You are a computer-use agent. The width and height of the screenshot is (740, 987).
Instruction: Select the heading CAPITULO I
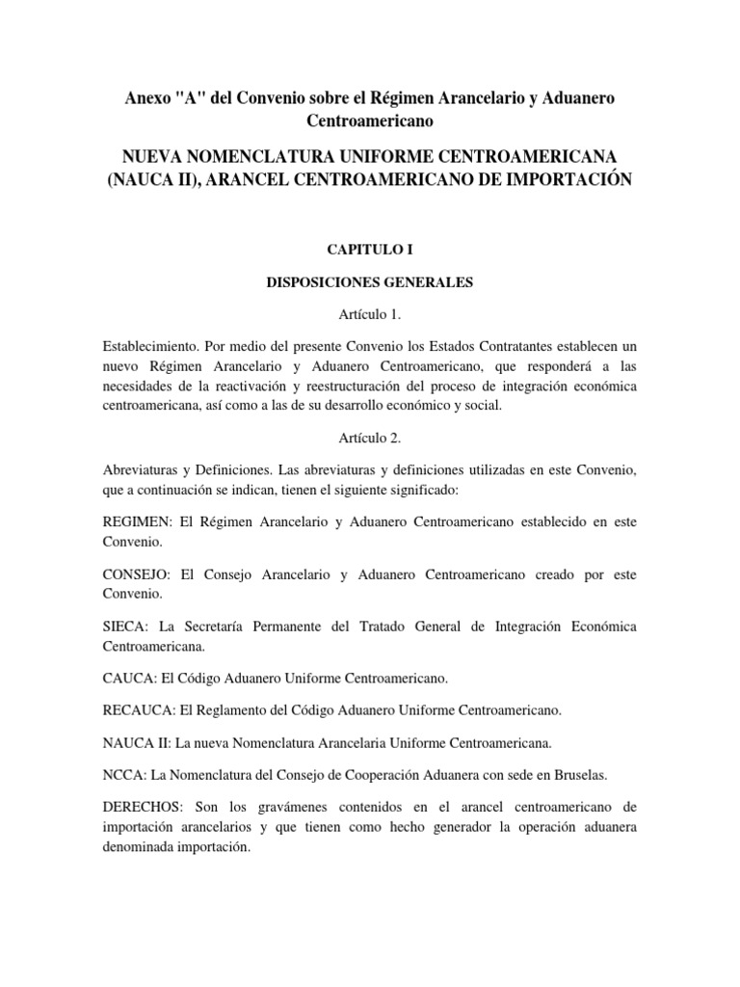tap(369, 249)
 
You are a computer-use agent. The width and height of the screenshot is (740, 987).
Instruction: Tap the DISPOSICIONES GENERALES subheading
tap(369, 284)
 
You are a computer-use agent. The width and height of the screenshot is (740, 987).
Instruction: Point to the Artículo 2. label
tap(369, 438)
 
